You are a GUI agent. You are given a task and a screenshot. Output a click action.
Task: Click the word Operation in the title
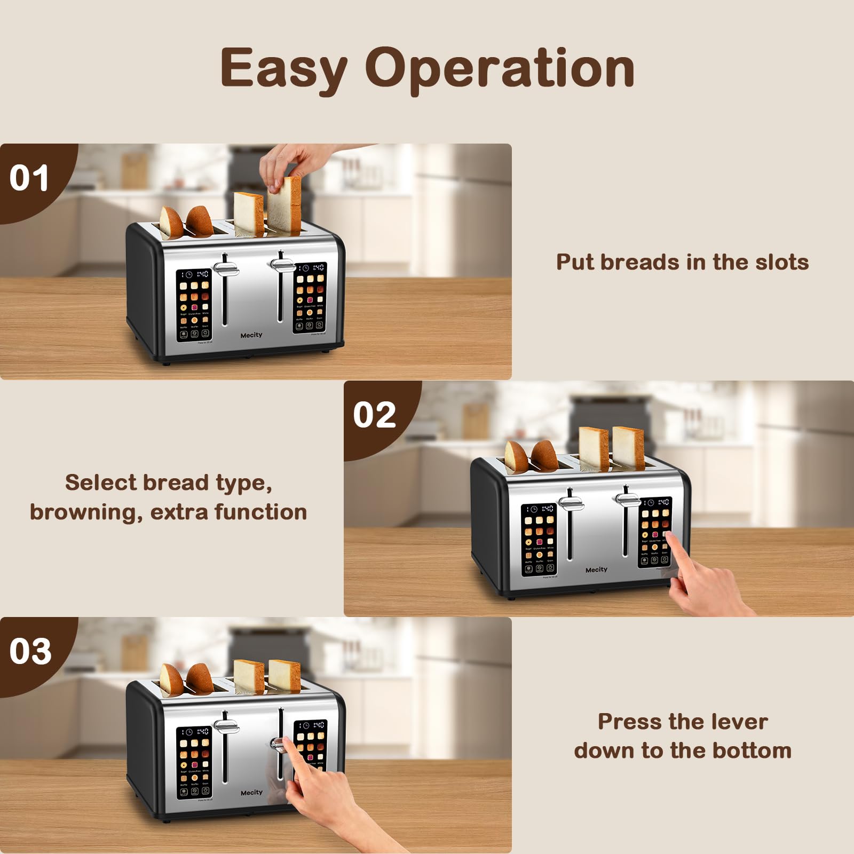tap(500, 68)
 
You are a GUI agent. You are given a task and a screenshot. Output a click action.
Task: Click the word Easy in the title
tap(284, 68)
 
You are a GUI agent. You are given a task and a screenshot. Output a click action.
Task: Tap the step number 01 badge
tap(29, 178)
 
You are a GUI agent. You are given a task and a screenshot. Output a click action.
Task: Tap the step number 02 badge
tap(374, 415)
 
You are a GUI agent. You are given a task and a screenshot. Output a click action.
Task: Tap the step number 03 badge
tap(30, 651)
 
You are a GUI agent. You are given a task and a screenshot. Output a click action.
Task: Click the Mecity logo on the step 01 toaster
tap(251, 335)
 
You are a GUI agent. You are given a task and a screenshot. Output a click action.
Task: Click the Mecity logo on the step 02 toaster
tap(596, 570)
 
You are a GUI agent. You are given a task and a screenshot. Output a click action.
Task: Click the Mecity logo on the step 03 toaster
tap(251, 793)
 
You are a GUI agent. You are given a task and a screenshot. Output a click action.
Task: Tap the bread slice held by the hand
tap(285, 205)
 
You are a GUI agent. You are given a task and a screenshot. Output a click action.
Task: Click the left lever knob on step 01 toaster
tap(226, 268)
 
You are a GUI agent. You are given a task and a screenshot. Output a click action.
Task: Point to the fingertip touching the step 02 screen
tap(669, 535)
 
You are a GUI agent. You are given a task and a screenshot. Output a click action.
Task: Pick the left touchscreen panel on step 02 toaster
tap(539, 539)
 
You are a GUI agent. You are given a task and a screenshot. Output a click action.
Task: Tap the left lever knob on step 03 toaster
tap(226, 726)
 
